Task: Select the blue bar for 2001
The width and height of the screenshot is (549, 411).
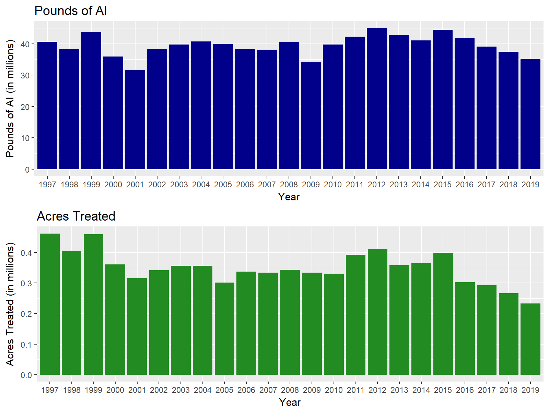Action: pyautogui.click(x=135, y=120)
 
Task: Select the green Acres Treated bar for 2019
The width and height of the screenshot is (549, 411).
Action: pyautogui.click(x=530, y=339)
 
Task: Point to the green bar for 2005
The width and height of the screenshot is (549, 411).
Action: pyautogui.click(x=224, y=328)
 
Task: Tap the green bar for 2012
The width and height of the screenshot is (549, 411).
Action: pyautogui.click(x=377, y=312)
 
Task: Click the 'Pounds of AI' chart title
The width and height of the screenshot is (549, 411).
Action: pyautogui.click(x=71, y=11)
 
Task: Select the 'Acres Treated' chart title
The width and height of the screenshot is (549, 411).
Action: pyautogui.click(x=76, y=216)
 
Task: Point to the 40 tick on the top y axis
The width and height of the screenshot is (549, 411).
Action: pyautogui.click(x=25, y=44)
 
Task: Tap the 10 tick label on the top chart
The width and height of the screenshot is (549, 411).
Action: pyautogui.click(x=25, y=138)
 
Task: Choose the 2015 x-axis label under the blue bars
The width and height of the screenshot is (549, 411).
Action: pyautogui.click(x=443, y=185)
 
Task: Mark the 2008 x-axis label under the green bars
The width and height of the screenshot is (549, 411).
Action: pyautogui.click(x=290, y=390)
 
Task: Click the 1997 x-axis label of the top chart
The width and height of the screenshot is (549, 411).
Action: pyautogui.click(x=47, y=185)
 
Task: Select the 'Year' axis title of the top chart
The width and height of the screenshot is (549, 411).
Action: pyautogui.click(x=289, y=197)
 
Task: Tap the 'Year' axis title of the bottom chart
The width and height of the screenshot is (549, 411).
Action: pyautogui.click(x=290, y=402)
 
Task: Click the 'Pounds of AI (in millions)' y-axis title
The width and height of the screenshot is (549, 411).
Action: pyautogui.click(x=10, y=99)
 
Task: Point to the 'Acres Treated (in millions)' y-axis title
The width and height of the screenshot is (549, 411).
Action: pyautogui.click(x=10, y=304)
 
